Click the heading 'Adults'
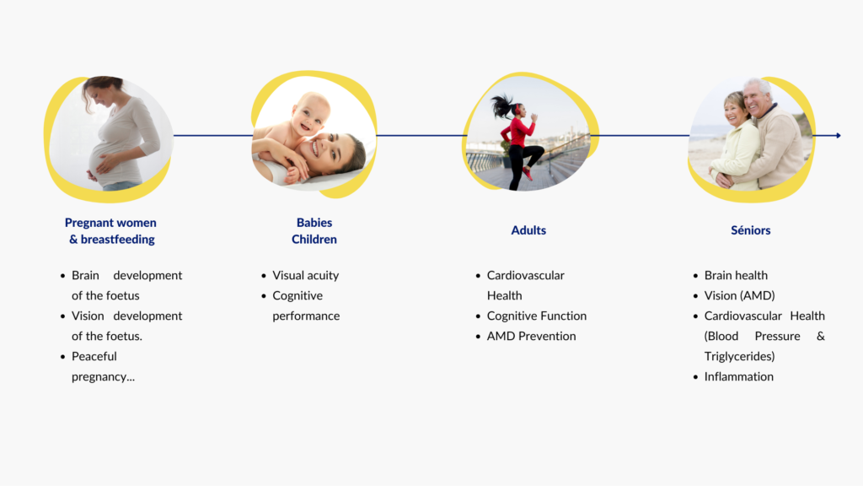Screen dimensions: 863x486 coord(528,230)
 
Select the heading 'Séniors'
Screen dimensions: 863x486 coord(751,230)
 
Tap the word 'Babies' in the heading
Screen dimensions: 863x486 coord(314,223)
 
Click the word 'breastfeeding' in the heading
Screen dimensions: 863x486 coord(118,240)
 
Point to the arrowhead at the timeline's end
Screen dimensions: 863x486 coord(839,135)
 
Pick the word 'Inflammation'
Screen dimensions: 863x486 coord(738,377)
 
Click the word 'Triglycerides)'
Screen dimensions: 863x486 coord(739,357)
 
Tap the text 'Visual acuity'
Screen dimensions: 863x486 coord(305,276)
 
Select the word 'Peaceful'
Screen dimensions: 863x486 coord(94,357)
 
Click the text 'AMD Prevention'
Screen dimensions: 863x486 coord(531,336)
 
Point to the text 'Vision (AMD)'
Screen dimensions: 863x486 coord(739,296)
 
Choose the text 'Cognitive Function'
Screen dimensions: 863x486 coord(537,316)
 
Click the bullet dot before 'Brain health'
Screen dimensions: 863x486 coord(695,276)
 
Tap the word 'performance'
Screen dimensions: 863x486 coord(306,316)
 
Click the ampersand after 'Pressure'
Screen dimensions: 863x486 coord(821,336)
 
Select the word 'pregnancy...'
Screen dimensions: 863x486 coord(103,377)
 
